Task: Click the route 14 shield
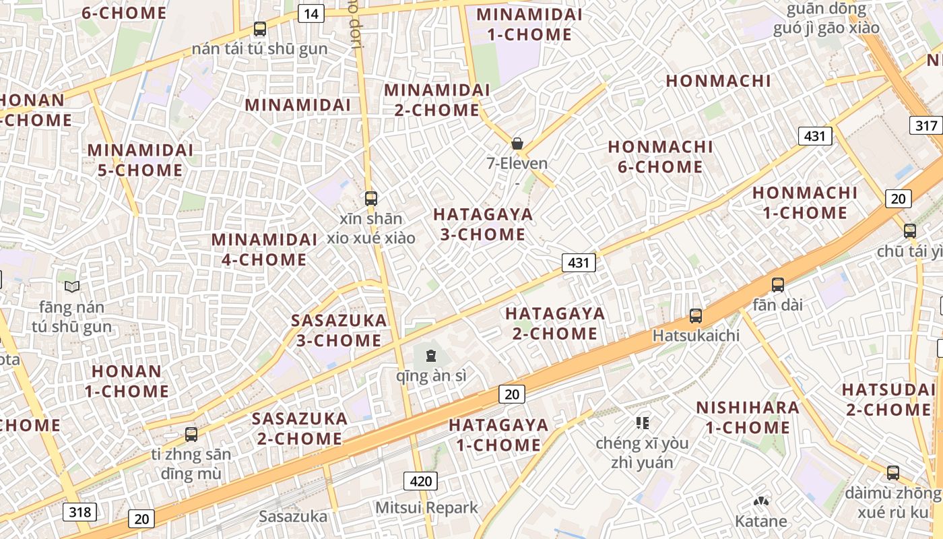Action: [x=311, y=13]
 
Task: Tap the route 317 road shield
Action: [x=927, y=125]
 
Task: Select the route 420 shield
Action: [x=421, y=481]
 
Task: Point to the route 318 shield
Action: [x=79, y=512]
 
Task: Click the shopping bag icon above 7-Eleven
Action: [x=517, y=144]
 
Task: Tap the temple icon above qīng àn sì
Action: [x=431, y=354]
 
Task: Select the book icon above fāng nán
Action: [x=72, y=286]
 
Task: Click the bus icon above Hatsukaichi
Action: [x=696, y=315]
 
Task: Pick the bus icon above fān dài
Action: [x=778, y=284]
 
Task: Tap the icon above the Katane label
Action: [x=761, y=502]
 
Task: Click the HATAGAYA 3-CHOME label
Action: [x=483, y=224]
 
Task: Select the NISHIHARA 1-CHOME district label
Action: [x=748, y=417]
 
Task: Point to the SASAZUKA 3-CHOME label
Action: [x=339, y=330]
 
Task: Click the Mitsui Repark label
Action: [x=426, y=507]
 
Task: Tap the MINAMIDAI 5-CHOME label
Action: [x=140, y=160]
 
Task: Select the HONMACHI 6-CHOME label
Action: [x=660, y=156]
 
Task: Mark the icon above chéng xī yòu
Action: [x=643, y=422]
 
